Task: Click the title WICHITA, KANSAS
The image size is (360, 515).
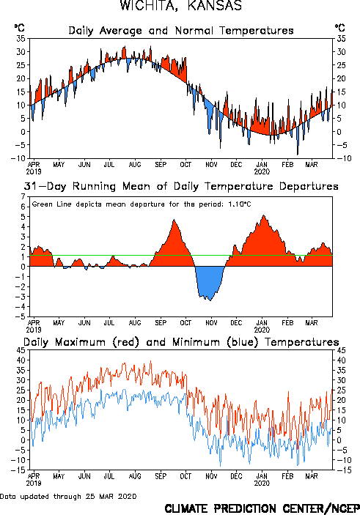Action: click(x=181, y=6)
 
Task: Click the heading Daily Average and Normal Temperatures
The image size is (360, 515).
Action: click(x=181, y=31)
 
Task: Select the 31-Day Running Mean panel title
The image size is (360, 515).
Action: click(x=181, y=186)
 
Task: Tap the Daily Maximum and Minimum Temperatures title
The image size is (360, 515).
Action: click(x=181, y=342)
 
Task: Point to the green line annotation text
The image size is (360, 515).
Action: click(x=142, y=204)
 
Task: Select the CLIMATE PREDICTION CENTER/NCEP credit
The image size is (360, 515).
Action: click(x=262, y=508)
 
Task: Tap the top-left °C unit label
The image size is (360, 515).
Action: click(x=19, y=28)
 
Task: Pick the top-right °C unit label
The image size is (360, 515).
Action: click(x=340, y=28)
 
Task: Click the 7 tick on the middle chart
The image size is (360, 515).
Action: click(x=23, y=197)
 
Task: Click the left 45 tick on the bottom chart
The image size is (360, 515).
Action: click(x=21, y=350)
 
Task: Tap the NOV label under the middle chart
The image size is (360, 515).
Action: click(x=211, y=323)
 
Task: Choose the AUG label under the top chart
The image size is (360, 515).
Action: click(x=135, y=164)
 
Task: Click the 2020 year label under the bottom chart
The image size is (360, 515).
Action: click(x=262, y=483)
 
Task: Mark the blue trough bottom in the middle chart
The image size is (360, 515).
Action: click(x=210, y=300)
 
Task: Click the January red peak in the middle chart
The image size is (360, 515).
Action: click(x=263, y=216)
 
